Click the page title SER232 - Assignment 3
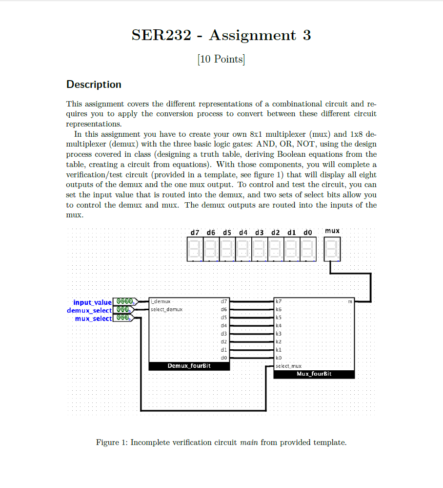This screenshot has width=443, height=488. pyautogui.click(x=221, y=35)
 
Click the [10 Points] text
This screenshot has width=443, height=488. pyautogui.click(x=221, y=59)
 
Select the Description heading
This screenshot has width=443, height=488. pyautogui.click(x=94, y=85)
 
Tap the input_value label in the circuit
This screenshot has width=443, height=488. pyautogui.click(x=92, y=302)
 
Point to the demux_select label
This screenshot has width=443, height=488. pyautogui.click(x=89, y=310)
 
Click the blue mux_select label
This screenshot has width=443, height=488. pyautogui.click(x=93, y=318)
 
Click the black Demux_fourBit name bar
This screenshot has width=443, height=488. pyautogui.click(x=189, y=366)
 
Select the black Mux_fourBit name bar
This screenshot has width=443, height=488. pyautogui.click(x=314, y=374)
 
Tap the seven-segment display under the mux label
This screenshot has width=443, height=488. pyautogui.click(x=332, y=249)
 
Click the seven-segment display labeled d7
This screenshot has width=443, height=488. pyautogui.click(x=195, y=249)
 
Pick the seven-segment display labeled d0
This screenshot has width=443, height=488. pyautogui.click(x=307, y=249)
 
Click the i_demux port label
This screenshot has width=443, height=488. pyautogui.click(x=160, y=301)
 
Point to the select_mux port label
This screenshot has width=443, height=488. pyautogui.click(x=288, y=366)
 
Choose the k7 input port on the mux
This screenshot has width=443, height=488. pyautogui.click(x=279, y=301)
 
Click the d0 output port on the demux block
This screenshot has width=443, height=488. pyautogui.click(x=224, y=358)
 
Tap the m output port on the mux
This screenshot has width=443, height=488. pyautogui.click(x=350, y=301)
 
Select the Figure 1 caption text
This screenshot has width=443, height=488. pyautogui.click(x=221, y=443)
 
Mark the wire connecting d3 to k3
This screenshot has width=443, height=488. pyautogui.click(x=252, y=334)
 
